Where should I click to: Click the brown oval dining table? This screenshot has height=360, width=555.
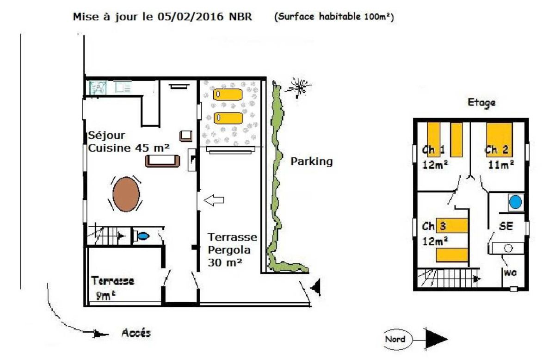pos(126,194)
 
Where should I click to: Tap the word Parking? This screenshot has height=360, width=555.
pos(312,162)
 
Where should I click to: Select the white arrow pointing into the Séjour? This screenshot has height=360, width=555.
pos(214,200)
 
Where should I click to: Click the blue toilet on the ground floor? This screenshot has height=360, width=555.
pos(143,236)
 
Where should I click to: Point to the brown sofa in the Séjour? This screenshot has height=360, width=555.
pos(162,161)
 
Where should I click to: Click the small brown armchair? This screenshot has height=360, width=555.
pos(186,136)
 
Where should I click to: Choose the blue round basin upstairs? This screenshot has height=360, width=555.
pos(515,202)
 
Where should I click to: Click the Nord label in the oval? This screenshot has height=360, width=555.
pos(395,339)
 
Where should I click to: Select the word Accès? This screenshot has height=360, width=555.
pos(136,333)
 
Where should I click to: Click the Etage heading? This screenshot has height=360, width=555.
pos(481,103)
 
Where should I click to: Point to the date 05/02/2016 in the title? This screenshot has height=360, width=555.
pos(191,17)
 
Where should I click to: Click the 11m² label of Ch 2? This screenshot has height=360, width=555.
pos(501,165)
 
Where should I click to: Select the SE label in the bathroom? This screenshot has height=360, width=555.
pos(506,226)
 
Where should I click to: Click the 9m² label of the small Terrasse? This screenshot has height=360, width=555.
pos(105,296)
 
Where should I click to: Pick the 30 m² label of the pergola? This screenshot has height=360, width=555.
pos(225,263)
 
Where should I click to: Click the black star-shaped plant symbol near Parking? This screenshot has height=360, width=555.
pos(299,87)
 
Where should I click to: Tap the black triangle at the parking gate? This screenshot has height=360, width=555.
pos(316,287)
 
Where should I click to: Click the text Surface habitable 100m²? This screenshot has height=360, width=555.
pos(334,17)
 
